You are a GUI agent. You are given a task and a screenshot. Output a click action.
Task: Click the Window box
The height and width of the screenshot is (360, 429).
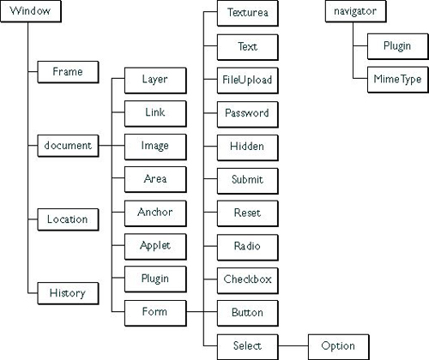coord(28,15)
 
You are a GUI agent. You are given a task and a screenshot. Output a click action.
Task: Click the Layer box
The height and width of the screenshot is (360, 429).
coord(154,80)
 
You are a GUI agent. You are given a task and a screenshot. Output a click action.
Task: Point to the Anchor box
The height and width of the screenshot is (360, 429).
coord(154,212)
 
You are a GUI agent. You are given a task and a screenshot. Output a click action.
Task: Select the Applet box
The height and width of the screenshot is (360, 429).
coord(154,245)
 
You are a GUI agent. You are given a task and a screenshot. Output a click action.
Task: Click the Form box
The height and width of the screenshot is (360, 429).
coord(154,311)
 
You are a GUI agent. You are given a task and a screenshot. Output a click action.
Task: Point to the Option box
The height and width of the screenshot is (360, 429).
coord(337,345)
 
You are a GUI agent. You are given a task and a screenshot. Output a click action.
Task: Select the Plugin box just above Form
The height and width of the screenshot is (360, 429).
coord(154,278)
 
